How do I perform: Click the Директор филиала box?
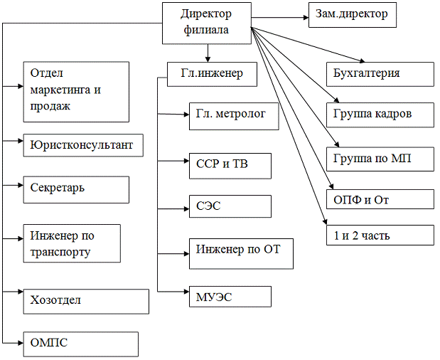pos(207,23)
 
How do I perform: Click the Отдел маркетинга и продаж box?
pos(76,91)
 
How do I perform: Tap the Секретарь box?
pos(76,190)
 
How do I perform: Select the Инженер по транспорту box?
pos(72,243)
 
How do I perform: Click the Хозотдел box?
pos(86,301)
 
